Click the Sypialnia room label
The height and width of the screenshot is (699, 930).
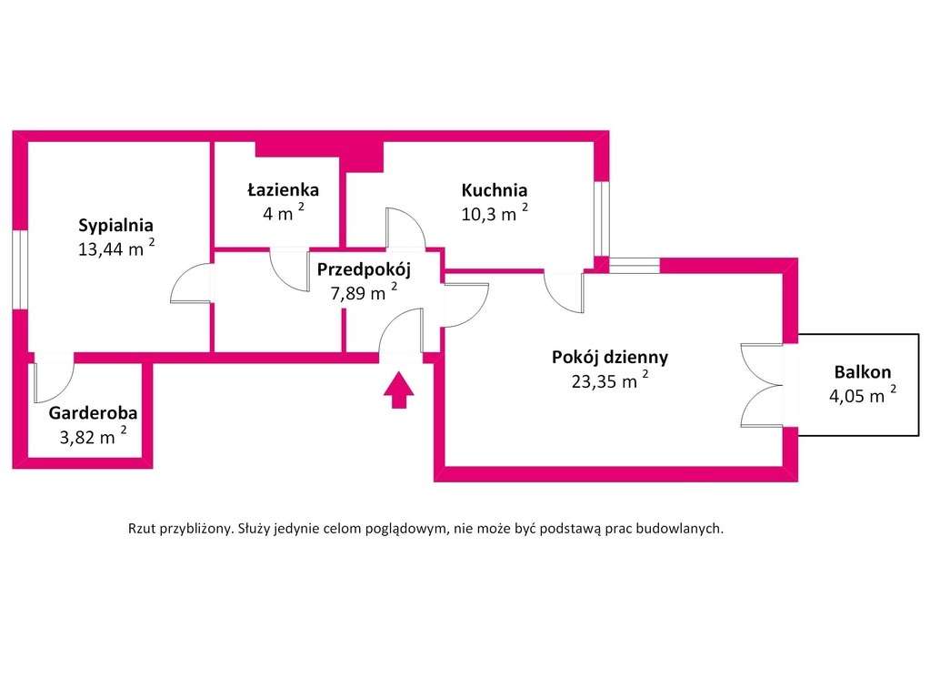click(115, 226)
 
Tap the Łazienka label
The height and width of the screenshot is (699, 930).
click(283, 190)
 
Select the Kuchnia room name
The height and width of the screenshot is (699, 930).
click(494, 190)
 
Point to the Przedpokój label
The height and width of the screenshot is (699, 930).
click(364, 269)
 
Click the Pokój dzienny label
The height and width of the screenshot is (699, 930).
click(610, 357)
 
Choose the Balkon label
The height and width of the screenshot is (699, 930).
click(863, 371)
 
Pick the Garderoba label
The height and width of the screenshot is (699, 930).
click(93, 412)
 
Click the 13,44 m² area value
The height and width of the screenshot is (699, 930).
click(117, 248)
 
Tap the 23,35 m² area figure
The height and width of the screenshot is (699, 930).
click(610, 380)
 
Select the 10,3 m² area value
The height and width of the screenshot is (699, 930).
click(495, 213)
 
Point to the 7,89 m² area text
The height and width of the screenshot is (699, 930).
click(365, 292)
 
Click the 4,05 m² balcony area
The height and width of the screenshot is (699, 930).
click(863, 394)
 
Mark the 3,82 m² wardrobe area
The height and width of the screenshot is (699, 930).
click(93, 436)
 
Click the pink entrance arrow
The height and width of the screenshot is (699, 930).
click(398, 390)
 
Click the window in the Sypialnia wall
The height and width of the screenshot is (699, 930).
click(20, 269)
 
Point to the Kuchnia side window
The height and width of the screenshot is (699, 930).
click(602, 218)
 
